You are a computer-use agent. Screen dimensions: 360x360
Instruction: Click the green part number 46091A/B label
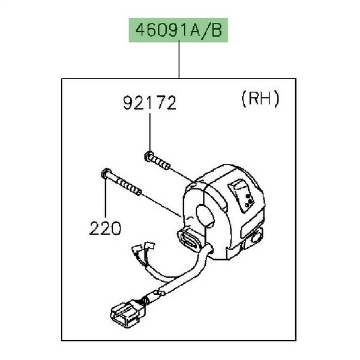pyautogui.click(x=178, y=30)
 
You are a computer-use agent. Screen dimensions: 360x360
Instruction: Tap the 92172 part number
pyautogui.click(x=150, y=103)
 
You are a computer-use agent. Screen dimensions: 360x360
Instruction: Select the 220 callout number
pyautogui.click(x=105, y=228)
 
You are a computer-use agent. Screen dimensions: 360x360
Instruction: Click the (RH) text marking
pyautogui.click(x=260, y=98)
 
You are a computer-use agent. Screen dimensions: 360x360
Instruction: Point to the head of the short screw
pyautogui.click(x=149, y=156)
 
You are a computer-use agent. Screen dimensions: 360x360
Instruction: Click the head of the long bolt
pyautogui.click(x=106, y=173)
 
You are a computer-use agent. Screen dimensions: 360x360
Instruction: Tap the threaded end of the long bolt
pyautogui.click(x=129, y=187)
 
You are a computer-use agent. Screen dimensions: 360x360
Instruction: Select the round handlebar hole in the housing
pyautogui.click(x=205, y=215)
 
